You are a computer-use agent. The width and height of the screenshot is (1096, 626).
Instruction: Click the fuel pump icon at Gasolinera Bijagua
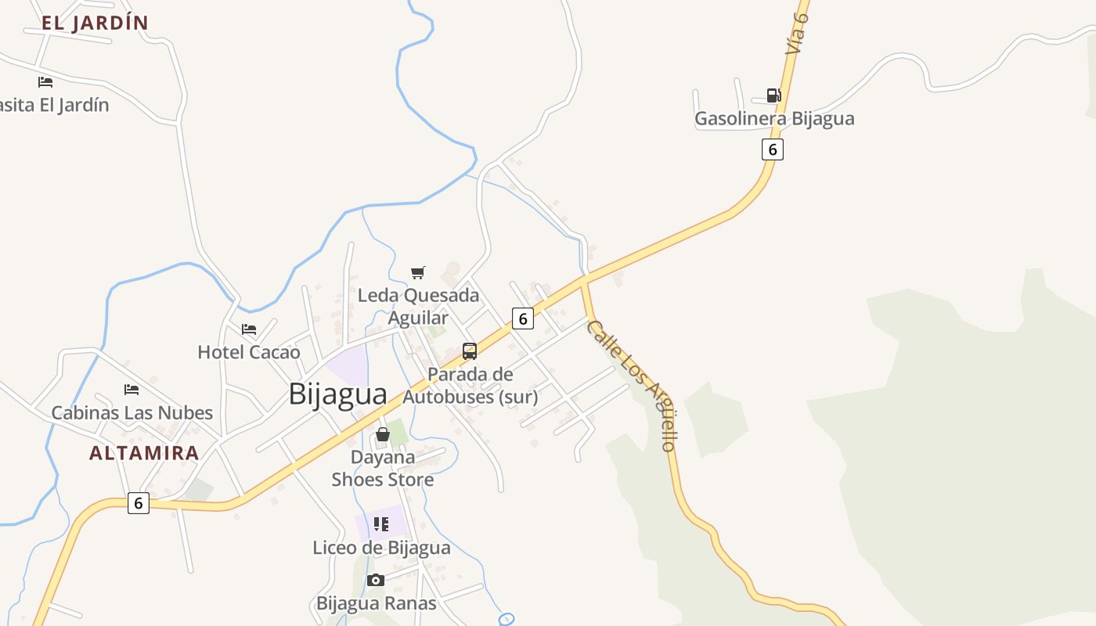click(773, 95)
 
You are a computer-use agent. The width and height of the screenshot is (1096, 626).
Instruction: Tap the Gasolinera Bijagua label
click(774, 119)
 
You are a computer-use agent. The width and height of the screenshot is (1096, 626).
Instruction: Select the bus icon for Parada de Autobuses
click(470, 351)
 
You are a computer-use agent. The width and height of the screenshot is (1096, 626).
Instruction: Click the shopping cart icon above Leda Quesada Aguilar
click(418, 272)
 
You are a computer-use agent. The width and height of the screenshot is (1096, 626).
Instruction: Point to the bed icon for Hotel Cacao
click(249, 329)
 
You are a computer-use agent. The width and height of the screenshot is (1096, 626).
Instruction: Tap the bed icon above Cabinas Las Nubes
click(132, 389)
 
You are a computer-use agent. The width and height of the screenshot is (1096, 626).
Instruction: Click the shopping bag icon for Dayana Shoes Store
click(383, 434)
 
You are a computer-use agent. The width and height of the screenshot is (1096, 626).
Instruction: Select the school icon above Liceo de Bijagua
click(381, 524)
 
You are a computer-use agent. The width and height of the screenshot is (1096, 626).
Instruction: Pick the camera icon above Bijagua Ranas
click(376, 580)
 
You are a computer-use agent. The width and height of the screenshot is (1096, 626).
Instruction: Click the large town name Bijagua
click(337, 394)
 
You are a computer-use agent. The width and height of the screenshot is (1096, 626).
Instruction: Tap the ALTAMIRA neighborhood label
click(144, 453)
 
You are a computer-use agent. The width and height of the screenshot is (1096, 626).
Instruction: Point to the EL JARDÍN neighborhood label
click(95, 23)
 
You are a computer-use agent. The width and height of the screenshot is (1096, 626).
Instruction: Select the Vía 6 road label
click(797, 33)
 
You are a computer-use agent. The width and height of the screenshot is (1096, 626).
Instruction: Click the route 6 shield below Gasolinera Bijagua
click(773, 149)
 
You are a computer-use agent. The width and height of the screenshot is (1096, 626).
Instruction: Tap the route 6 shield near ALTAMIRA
click(139, 503)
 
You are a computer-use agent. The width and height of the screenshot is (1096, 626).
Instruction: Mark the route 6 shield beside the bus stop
click(523, 318)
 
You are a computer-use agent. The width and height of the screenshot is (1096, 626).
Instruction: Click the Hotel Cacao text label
click(249, 352)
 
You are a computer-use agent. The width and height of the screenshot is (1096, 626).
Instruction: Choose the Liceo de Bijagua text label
click(381, 548)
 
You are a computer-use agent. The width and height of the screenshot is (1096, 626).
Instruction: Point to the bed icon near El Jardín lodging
click(45, 81)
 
